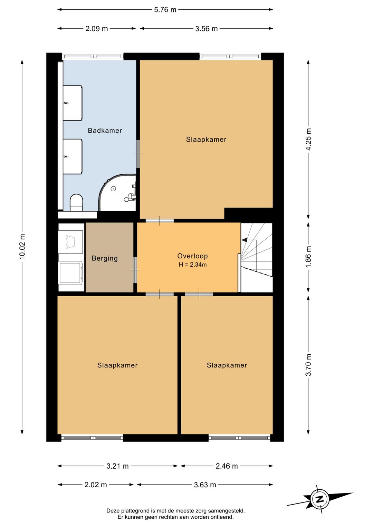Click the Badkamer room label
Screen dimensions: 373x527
tap(105, 130)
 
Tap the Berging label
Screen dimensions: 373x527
tap(105, 258)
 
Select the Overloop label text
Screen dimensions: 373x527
tap(192, 256)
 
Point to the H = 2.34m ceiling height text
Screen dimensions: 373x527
tap(192, 265)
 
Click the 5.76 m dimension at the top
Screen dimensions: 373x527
tap(165, 10)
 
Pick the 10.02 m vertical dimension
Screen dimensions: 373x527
tap(22, 247)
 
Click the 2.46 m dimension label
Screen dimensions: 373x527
tap(227, 466)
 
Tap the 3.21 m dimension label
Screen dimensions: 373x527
tap(117, 466)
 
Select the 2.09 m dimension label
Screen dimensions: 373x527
tap(96, 29)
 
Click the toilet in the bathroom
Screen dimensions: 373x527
tap(77, 202)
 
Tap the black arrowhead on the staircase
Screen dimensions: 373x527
tap(244, 240)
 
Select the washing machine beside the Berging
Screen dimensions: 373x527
tap(70, 274)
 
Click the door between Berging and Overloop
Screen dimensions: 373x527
tap(135, 270)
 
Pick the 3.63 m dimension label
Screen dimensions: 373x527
tap(205, 485)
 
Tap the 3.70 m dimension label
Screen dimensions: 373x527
tap(308, 365)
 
